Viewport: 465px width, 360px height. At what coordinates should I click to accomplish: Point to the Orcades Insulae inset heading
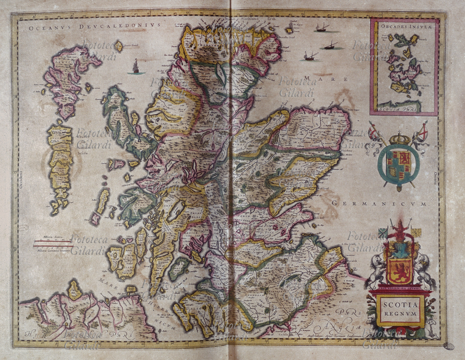tap(405, 27)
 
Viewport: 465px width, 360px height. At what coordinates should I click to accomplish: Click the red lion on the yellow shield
tap(401, 270)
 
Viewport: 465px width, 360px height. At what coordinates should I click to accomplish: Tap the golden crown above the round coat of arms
tap(399, 139)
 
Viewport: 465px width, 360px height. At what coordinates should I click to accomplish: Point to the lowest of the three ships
tap(310, 56)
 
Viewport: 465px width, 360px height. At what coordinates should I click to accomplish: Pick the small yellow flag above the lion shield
tap(417, 232)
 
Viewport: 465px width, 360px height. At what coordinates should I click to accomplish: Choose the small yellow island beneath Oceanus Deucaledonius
tap(119, 46)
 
